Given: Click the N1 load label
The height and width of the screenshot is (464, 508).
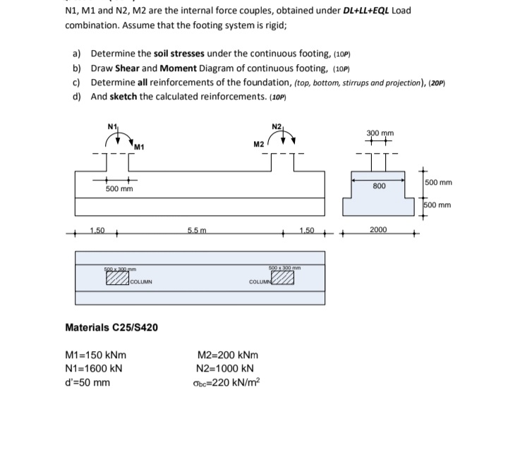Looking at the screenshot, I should click(x=111, y=127).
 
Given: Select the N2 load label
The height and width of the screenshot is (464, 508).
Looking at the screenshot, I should click(x=276, y=127).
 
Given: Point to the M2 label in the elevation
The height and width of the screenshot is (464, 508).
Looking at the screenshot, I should click(x=258, y=144).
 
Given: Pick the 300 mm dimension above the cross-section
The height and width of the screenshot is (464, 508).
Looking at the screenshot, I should click(x=380, y=133).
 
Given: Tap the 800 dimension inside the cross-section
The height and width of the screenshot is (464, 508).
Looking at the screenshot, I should click(x=380, y=185).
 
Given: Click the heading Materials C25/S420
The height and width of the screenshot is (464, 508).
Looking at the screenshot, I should click(x=111, y=327).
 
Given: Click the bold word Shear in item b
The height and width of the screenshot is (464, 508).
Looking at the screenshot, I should click(x=128, y=68).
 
